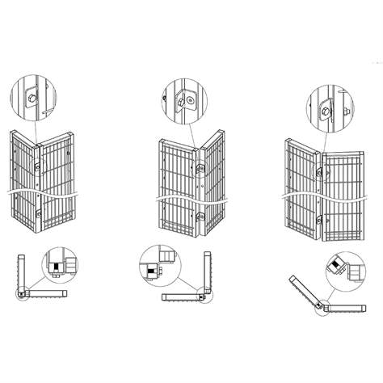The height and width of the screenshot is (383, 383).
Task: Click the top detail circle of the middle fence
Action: pos(183,99)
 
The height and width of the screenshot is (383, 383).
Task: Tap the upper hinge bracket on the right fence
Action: pos(321,171)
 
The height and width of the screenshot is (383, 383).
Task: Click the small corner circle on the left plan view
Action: pos(22,295)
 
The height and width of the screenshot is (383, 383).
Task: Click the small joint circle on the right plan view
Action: pos(322,307)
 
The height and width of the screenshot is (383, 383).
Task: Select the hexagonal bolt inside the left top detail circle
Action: pos(30,98)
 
